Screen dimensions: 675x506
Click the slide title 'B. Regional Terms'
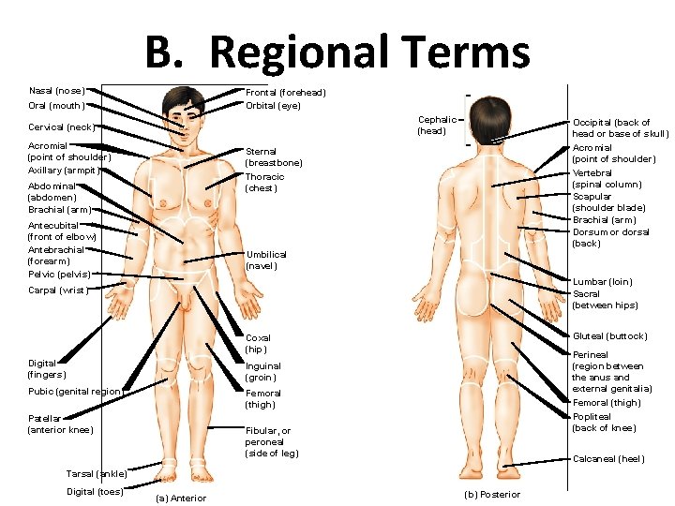337,52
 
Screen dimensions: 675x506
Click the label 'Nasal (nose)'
57,91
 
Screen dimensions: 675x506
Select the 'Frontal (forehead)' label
286,93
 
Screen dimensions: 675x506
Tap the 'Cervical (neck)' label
62,127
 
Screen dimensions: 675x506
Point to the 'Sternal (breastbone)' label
274,157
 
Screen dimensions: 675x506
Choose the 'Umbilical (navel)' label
266,260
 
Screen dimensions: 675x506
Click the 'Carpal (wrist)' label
58,290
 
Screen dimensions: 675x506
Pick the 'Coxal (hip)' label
258,344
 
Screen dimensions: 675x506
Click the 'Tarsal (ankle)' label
97,474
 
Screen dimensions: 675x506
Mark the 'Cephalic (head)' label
437,126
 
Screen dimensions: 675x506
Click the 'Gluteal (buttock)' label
609,336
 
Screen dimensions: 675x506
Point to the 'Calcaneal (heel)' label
608,459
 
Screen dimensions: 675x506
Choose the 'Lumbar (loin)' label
602,282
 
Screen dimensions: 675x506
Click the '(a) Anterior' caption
181,498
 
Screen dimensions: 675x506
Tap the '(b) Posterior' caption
492,495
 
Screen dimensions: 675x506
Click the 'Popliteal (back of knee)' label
604,423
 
